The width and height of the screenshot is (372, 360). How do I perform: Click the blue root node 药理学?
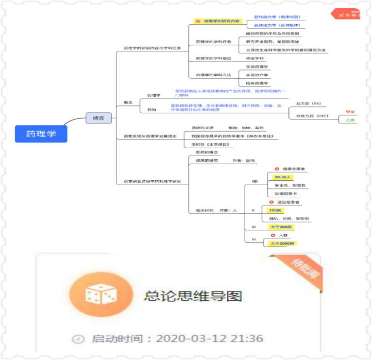tap(41, 134)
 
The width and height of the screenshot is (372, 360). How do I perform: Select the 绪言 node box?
tap(99, 118)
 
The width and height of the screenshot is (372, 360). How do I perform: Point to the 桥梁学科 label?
tap(255, 58)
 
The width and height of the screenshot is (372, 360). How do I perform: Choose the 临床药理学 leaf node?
tap(257, 83)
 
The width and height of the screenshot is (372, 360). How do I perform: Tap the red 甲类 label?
tap(350, 112)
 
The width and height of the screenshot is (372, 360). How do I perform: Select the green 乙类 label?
tap(350, 120)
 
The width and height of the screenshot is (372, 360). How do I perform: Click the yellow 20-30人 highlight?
tap(280, 177)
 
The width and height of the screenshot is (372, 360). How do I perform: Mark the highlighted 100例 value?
tap(275, 210)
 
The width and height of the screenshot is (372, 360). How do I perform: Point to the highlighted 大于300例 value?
tap(281, 227)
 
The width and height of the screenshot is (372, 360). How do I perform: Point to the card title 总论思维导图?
tap(193, 295)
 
